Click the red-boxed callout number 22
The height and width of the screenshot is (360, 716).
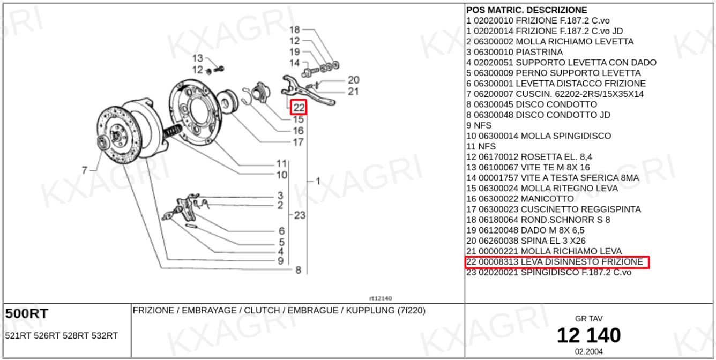coord(299,108)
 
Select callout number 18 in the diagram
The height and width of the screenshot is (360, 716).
coord(295,30)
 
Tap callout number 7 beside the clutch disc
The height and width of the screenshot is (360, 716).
coord(84,170)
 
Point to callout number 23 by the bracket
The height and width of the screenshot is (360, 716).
coord(299,215)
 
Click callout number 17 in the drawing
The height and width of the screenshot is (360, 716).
coord(298,142)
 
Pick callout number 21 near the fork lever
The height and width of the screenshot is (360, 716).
coord(353,91)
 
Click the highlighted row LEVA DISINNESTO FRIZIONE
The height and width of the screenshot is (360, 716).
coord(556,262)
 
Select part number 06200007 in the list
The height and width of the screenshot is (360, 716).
coord(494,94)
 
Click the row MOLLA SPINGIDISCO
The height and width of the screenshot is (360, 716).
coord(539,136)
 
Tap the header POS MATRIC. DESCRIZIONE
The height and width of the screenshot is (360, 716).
coord(526,10)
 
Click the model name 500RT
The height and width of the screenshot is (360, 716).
coord(26,314)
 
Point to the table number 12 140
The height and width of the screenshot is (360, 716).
coord(588,335)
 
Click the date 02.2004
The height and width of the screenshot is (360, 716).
coord(588,351)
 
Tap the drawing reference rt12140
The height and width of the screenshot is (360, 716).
coord(381,298)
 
